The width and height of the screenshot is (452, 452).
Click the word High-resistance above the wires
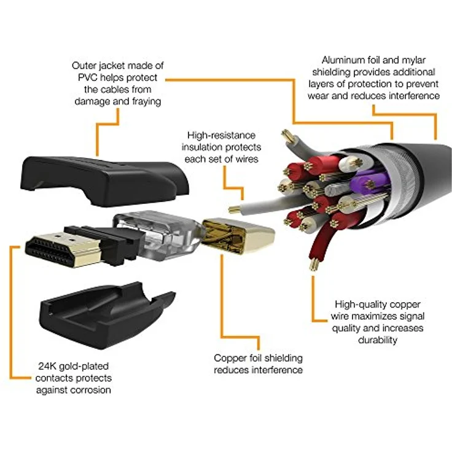click(221, 135)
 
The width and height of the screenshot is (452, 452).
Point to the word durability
click(378, 340)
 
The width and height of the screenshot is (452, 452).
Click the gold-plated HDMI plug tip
click(63, 249)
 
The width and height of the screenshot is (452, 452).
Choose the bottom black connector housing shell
click(107, 316)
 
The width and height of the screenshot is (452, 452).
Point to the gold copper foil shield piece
click(238, 236)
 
